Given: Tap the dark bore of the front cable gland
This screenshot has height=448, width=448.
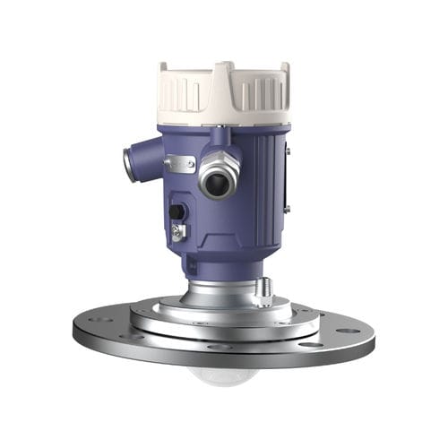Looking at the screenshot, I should [x=216, y=184].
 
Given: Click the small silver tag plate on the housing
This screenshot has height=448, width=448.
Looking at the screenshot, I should [x=180, y=163].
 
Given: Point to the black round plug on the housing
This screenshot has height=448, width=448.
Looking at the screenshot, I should [x=177, y=211].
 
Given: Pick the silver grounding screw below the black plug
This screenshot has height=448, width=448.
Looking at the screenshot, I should [x=179, y=231].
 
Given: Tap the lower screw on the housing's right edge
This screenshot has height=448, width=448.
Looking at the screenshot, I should [x=287, y=209].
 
